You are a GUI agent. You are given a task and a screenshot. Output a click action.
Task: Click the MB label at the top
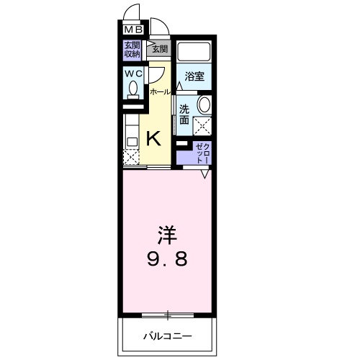(134, 30)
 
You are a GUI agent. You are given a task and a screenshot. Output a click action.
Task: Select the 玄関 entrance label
(160, 48)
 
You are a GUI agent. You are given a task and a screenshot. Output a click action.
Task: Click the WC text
(133, 73)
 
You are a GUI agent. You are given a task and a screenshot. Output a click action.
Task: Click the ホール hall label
(160, 92)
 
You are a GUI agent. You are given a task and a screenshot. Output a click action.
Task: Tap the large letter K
(154, 138)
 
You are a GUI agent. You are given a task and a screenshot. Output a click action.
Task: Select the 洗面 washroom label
(185, 114)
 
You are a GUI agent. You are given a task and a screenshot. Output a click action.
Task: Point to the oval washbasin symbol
(204, 105)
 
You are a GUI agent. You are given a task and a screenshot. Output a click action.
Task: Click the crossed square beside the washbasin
(202, 126)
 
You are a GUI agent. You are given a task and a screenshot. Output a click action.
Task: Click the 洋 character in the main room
(168, 235)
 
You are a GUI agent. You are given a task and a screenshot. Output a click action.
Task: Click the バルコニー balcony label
(167, 336)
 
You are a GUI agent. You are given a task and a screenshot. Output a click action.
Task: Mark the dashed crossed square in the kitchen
(131, 156)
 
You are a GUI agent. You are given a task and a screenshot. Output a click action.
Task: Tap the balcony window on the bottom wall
(167, 314)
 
